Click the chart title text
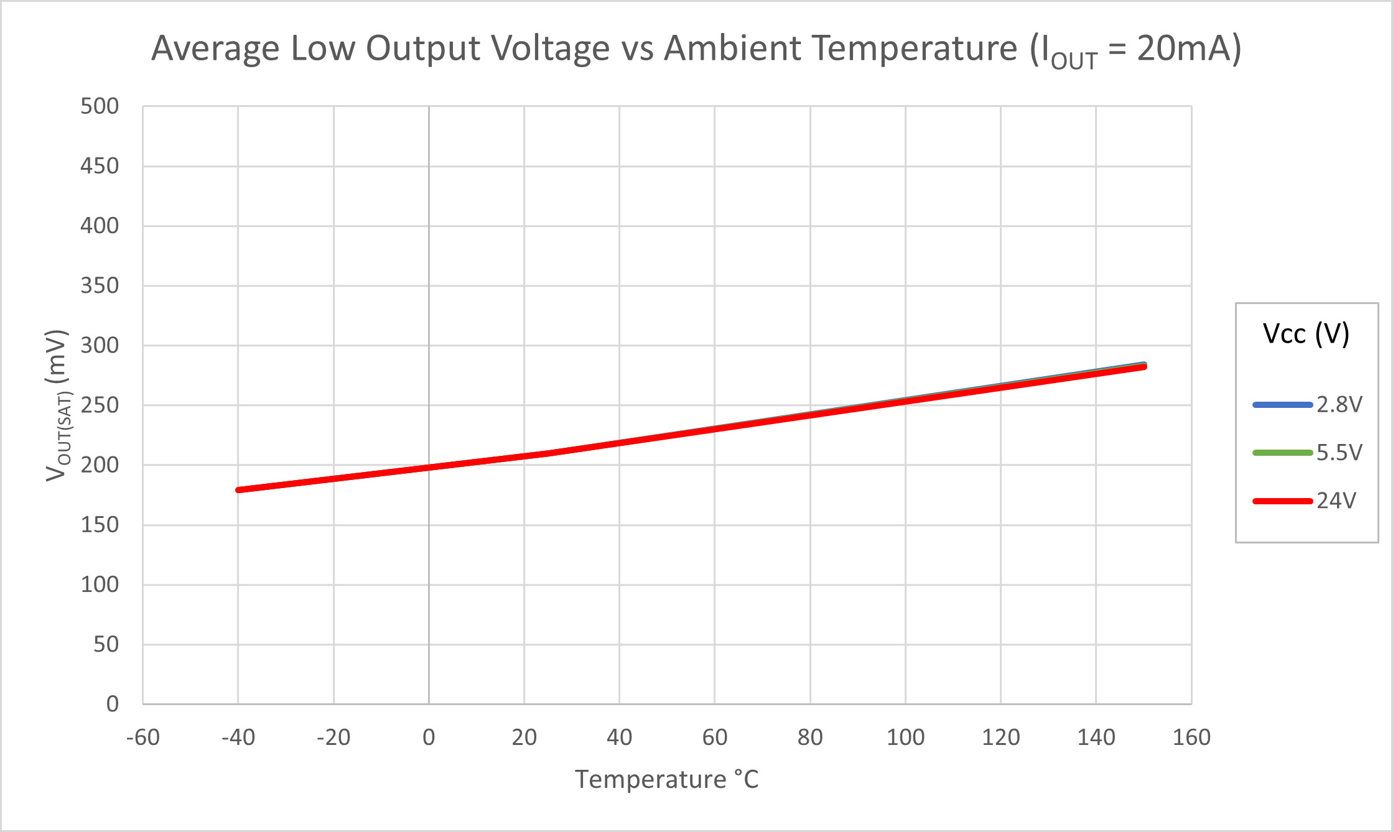click(x=696, y=49)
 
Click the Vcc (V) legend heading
click(x=1306, y=334)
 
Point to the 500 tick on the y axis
click(x=100, y=106)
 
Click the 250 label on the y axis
click(x=100, y=405)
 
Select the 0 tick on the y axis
click(x=112, y=704)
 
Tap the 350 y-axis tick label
click(x=100, y=286)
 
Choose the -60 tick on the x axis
click(x=143, y=737)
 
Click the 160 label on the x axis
click(x=1191, y=737)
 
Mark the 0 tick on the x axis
click(x=429, y=737)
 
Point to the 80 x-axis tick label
click(x=810, y=737)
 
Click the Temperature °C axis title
click(x=666, y=780)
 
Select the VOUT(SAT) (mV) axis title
click(x=57, y=405)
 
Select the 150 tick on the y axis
click(x=100, y=525)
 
